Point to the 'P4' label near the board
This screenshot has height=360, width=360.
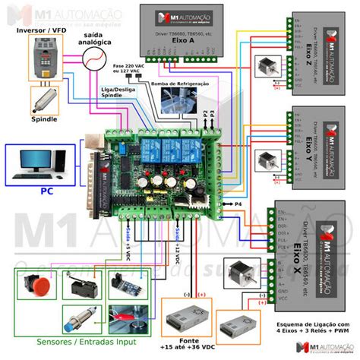click(237, 204)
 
